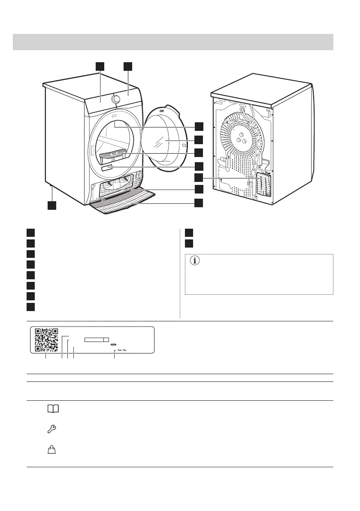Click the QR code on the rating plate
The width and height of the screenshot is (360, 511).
pos(46,339)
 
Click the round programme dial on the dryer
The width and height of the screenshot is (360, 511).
pos(115,99)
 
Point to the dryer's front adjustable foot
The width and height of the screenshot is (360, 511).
pos(51,187)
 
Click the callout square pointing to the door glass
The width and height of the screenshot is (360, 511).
pos(199,139)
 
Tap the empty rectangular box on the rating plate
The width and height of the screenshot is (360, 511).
pos(97,339)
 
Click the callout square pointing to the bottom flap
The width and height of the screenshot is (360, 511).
pos(199,203)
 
